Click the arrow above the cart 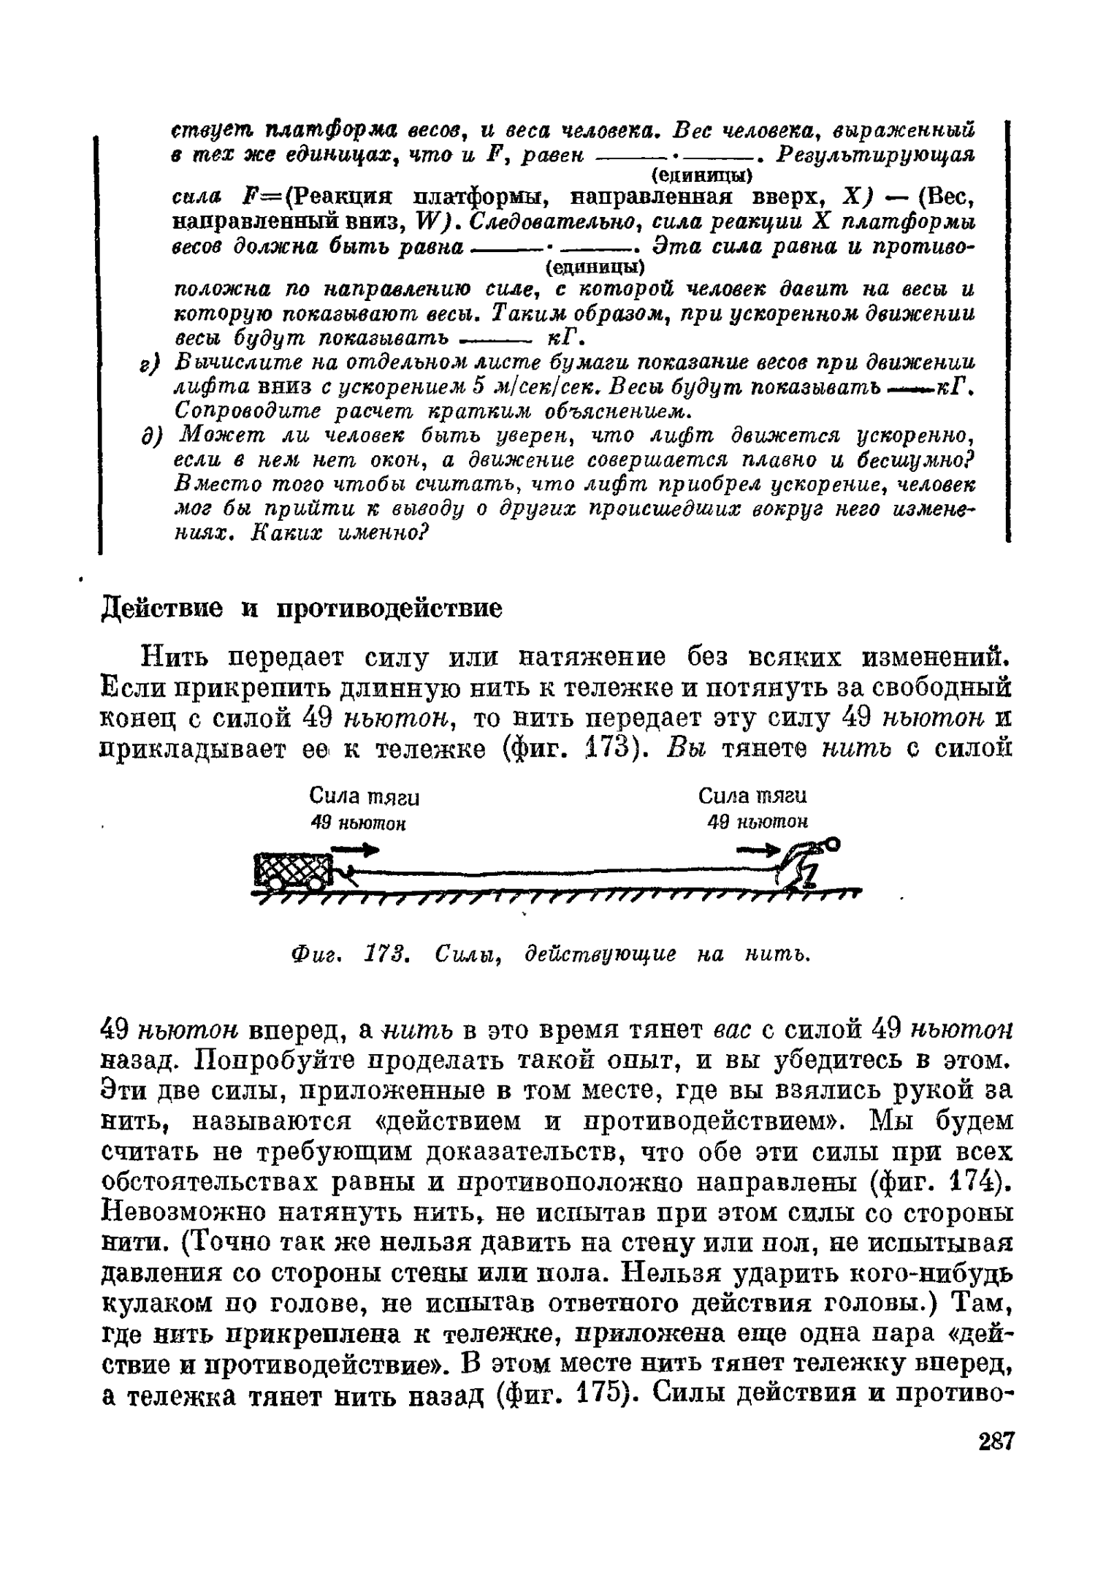coord(356,850)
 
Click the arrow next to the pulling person coord(760,850)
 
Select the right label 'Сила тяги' coord(752,795)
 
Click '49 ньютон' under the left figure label coord(357,823)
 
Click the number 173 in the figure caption coord(386,954)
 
